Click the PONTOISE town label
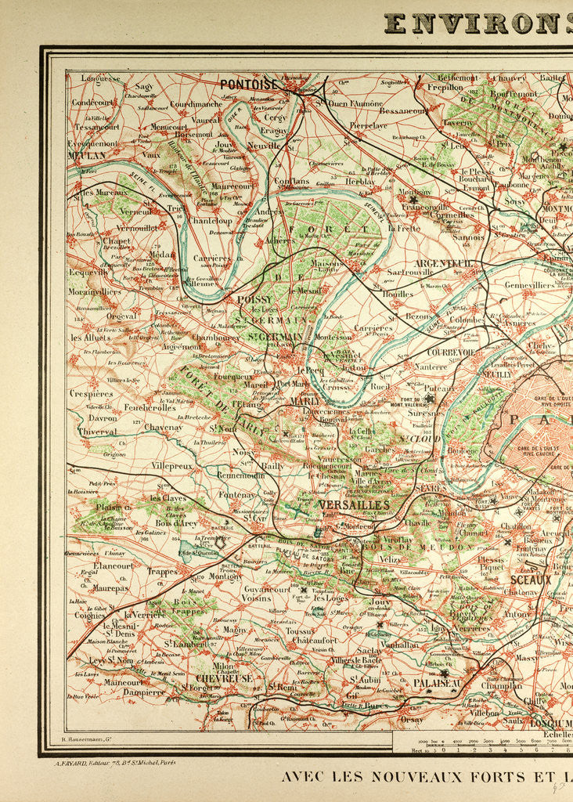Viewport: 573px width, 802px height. (249, 85)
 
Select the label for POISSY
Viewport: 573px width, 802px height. (254, 300)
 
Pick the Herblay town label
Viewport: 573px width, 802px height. (360, 181)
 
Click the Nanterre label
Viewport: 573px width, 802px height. (431, 366)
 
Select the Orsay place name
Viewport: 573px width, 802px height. (412, 719)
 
